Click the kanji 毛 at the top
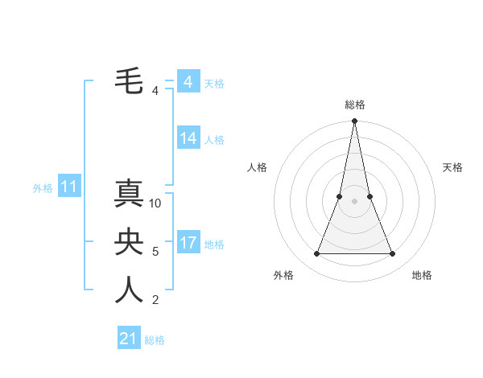(x=130, y=81)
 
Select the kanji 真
(x=130, y=194)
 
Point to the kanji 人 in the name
(x=130, y=290)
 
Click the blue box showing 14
(x=188, y=138)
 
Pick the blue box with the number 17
(x=188, y=243)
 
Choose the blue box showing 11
(x=69, y=187)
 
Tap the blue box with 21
(x=129, y=339)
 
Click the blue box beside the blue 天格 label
(x=188, y=82)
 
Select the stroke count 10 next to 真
(x=155, y=203)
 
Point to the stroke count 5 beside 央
(x=155, y=252)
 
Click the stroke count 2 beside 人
(x=155, y=300)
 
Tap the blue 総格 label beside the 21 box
(x=155, y=340)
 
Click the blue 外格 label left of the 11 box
(x=43, y=188)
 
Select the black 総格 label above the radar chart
(x=354, y=105)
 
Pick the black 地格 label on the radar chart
(x=422, y=275)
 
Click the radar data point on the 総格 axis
(x=354, y=121)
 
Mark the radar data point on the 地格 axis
(x=393, y=254)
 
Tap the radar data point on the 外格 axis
(x=316, y=254)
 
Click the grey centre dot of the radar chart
(x=354, y=200)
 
